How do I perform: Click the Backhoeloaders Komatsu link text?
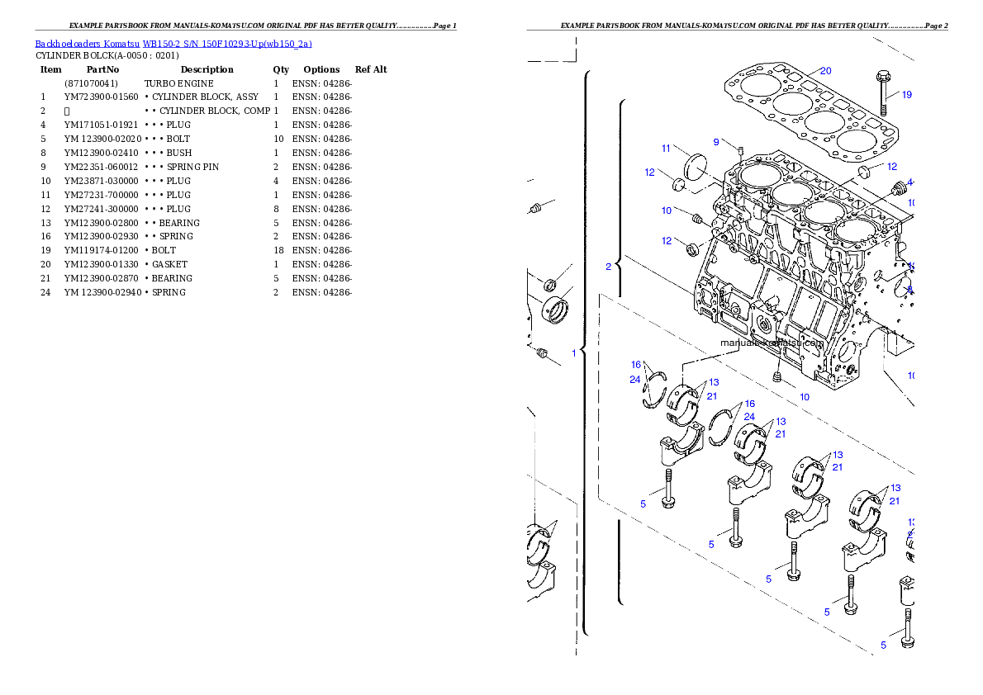(x=173, y=44)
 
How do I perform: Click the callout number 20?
(x=825, y=71)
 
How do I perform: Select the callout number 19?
(x=906, y=94)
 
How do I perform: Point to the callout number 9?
(x=716, y=142)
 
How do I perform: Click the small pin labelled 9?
(x=741, y=150)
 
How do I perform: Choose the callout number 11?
(x=666, y=149)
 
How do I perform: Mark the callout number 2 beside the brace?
(x=608, y=266)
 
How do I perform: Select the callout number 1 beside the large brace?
(x=573, y=352)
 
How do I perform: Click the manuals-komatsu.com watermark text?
(x=772, y=343)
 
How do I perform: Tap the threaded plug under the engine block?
(x=777, y=376)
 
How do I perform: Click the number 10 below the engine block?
(x=804, y=397)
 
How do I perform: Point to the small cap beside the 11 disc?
(x=680, y=184)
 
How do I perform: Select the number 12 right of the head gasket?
(x=891, y=167)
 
